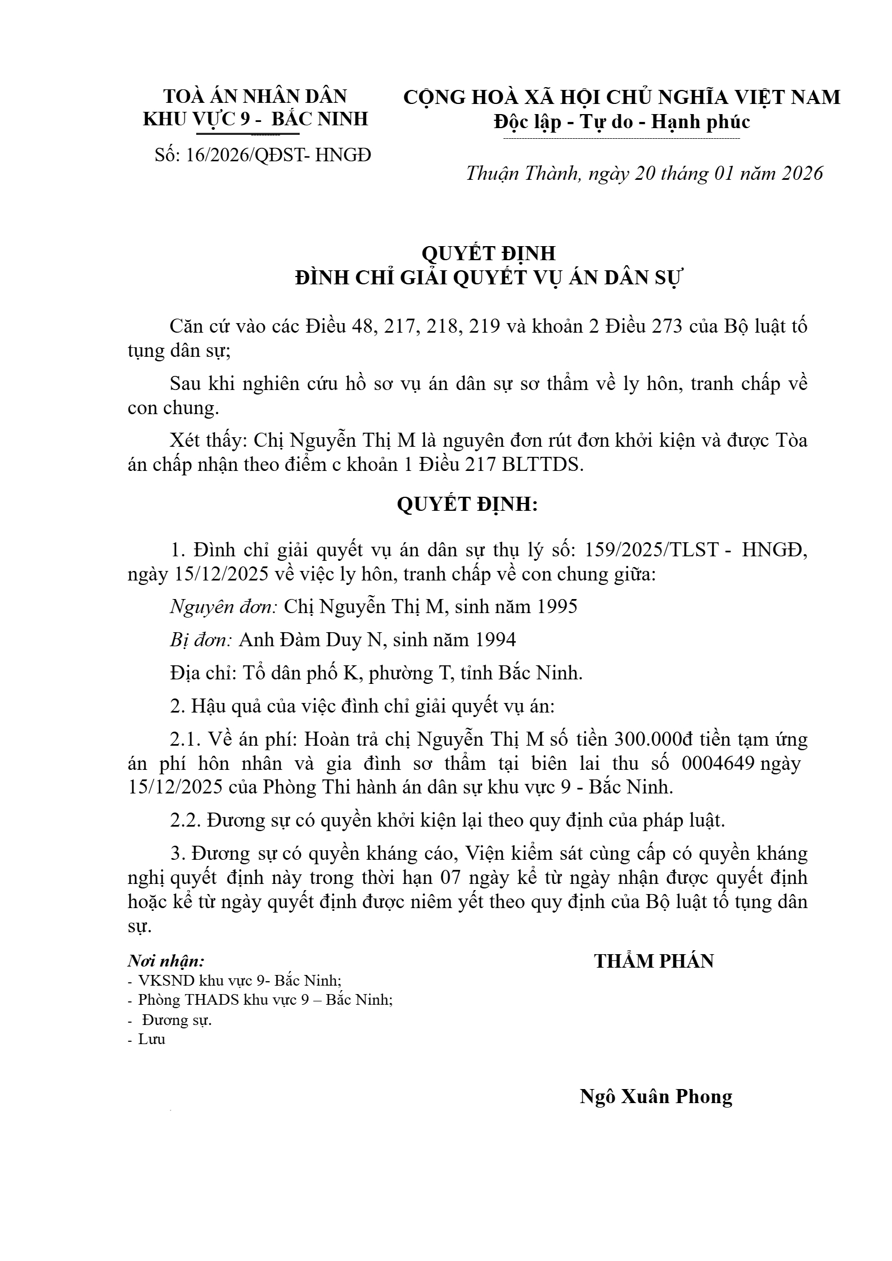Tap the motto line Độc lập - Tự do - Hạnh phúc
pos(621,121)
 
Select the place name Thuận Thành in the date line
pos(522,173)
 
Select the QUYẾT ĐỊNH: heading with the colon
pos(467,505)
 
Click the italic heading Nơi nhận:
pos(166,960)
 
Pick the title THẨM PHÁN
pos(654,961)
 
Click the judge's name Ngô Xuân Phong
pos(656,1096)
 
